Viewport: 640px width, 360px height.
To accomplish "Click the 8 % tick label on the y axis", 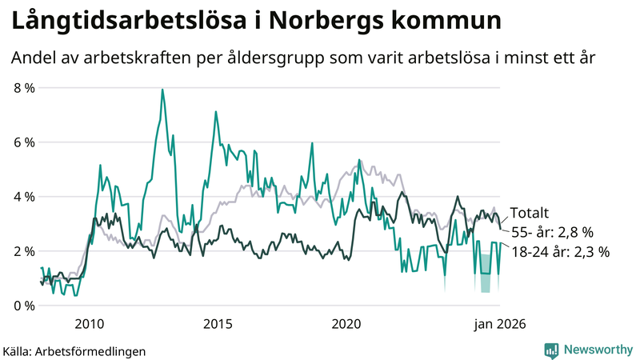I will click(x=23, y=88).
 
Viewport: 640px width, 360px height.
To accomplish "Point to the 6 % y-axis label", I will click(x=23, y=142).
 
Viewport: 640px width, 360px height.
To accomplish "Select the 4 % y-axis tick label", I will click(x=23, y=197).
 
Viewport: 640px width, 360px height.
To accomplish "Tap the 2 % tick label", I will click(x=23, y=251).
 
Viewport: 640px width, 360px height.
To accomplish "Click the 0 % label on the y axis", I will click(x=23, y=306).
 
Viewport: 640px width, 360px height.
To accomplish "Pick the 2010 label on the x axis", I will click(x=88, y=324).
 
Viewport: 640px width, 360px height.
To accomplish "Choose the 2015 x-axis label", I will click(x=218, y=324).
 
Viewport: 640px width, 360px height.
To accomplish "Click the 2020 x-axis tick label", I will click(x=346, y=324).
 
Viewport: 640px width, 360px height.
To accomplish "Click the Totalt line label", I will click(x=529, y=214).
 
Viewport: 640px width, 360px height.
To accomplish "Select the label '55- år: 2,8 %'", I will click(x=551, y=233).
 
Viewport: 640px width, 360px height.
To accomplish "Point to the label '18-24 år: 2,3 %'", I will click(x=560, y=252).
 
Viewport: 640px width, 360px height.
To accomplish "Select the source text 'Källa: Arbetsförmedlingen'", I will click(x=74, y=350).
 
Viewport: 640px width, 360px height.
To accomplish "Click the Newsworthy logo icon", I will click(x=552, y=350).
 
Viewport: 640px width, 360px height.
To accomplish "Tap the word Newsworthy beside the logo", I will click(x=598, y=350).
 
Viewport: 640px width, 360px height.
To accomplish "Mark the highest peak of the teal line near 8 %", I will click(x=162, y=90).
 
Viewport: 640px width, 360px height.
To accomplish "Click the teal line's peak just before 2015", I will click(x=215, y=112).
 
